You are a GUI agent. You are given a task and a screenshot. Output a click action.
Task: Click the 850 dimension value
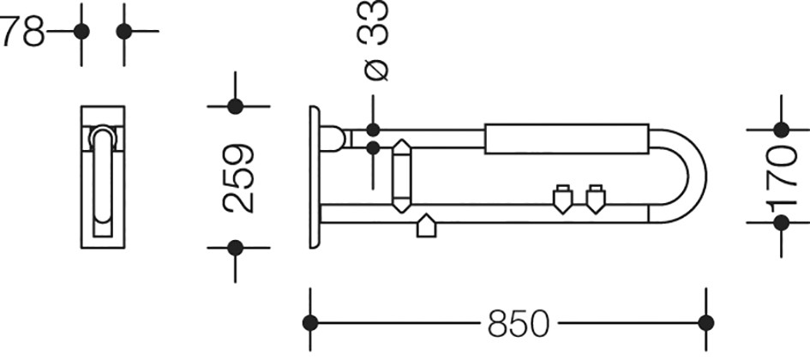(x=518, y=324)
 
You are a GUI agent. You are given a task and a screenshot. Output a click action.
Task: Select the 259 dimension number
(x=238, y=178)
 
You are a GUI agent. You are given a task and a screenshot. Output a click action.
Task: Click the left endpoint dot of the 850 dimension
(x=310, y=323)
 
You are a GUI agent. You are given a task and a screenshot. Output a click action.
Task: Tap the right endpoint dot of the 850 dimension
(x=705, y=323)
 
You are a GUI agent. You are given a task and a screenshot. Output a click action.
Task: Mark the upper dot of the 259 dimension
(x=235, y=106)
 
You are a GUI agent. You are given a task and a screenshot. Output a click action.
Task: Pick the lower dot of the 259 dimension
(x=235, y=248)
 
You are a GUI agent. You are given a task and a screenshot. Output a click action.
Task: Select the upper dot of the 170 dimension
(x=781, y=129)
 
